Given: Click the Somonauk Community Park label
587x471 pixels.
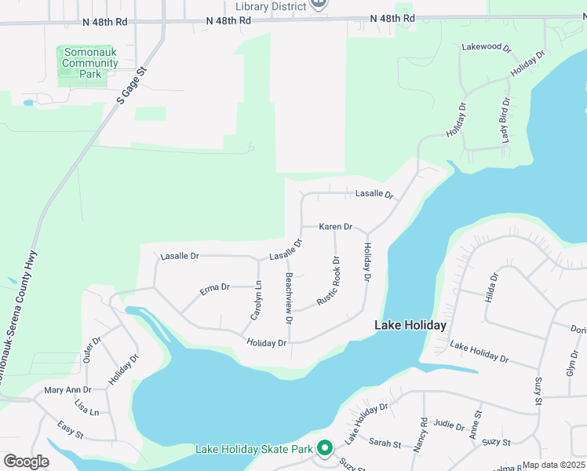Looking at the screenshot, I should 90,64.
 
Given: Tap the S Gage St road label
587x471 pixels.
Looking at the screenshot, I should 133,86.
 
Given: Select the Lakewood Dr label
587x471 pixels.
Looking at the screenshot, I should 487,47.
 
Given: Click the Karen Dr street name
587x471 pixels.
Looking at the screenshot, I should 336,227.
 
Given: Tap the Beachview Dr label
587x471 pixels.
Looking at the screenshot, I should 289,299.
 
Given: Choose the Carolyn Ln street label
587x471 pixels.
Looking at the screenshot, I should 256,301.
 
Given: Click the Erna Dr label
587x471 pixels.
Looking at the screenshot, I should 214,288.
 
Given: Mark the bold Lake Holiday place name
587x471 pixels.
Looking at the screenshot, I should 410,325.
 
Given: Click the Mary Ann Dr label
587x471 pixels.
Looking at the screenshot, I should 68,389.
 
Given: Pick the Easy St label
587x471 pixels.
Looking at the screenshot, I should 71,429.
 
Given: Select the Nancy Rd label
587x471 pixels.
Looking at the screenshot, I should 424,434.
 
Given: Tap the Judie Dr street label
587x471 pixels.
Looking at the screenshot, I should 449,425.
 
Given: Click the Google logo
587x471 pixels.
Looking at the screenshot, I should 26,462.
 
